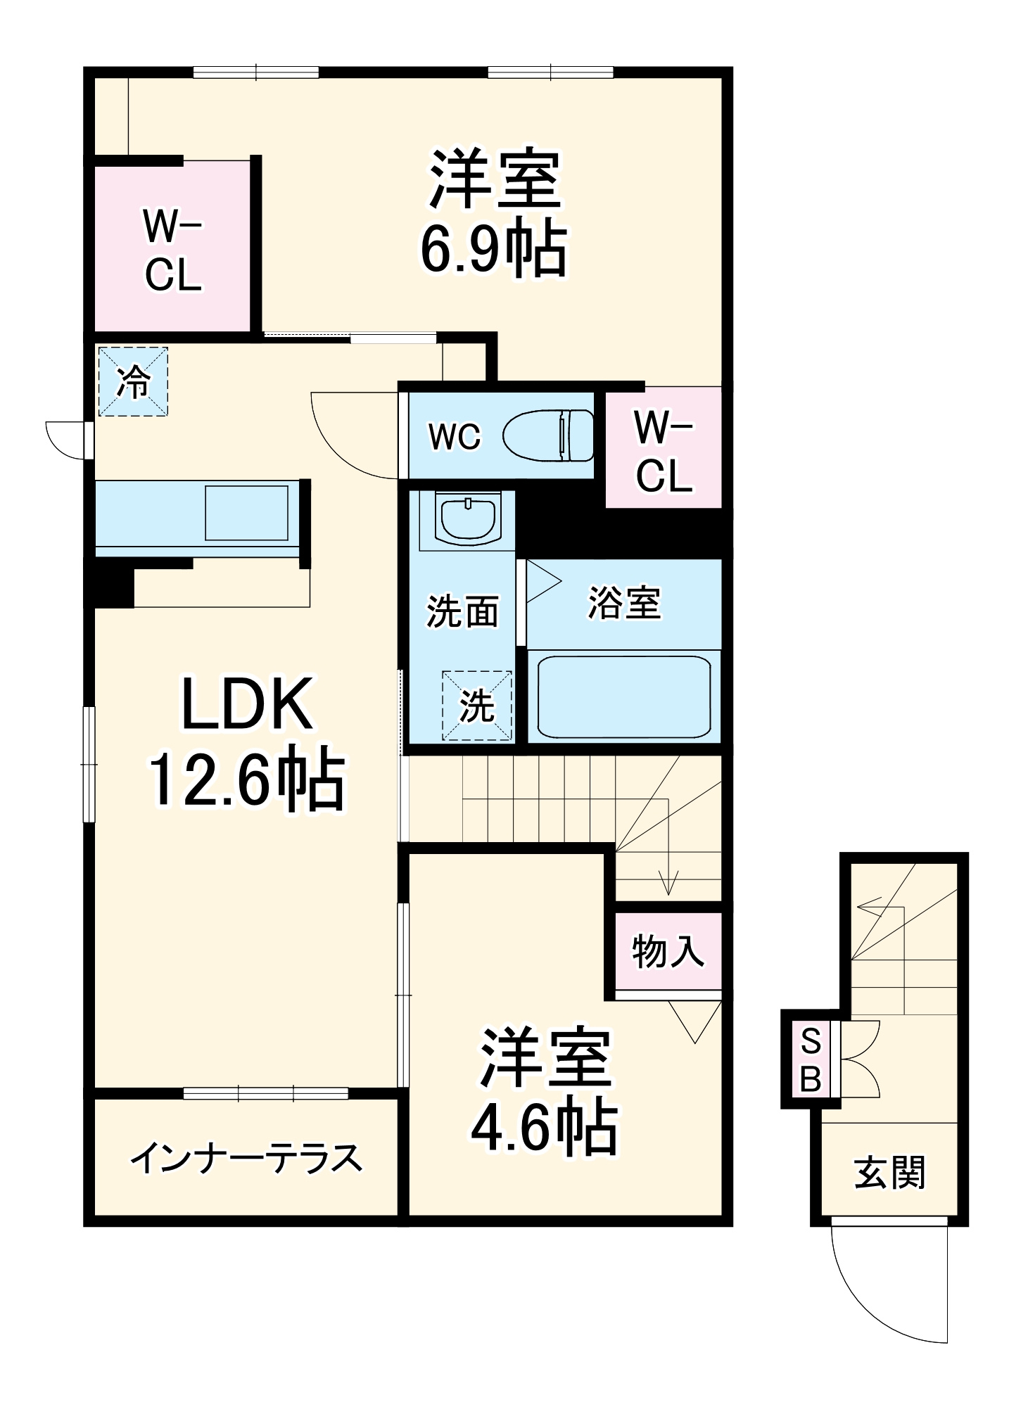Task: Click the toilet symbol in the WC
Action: tap(549, 435)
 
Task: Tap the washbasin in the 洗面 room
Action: tap(468, 518)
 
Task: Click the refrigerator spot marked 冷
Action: tap(133, 381)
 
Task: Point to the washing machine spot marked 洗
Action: tap(477, 705)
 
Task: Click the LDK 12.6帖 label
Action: tap(246, 742)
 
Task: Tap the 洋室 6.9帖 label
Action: tap(495, 213)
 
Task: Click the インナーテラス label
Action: tap(246, 1159)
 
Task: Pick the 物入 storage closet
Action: tap(668, 952)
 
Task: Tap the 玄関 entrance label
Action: tap(889, 1173)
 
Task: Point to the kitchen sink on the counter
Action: tap(246, 512)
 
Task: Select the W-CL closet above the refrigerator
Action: tap(173, 248)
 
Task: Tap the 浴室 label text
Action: tap(624, 603)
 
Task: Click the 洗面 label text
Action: tap(462, 611)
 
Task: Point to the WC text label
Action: tap(455, 436)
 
